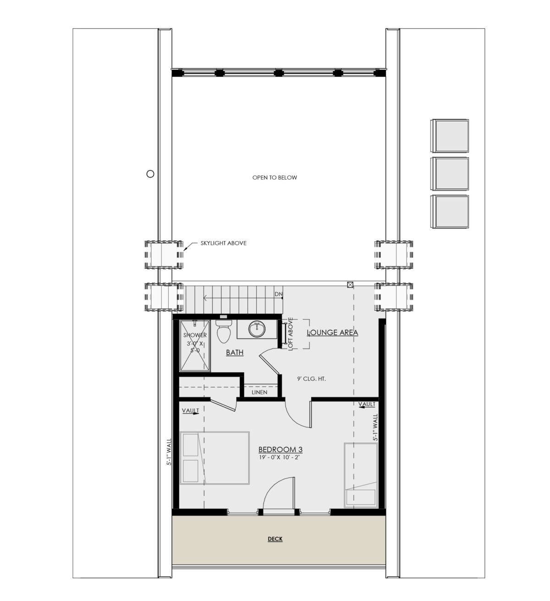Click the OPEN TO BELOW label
[275, 177]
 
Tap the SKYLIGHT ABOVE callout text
[224, 243]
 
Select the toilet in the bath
[224, 331]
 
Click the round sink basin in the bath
[257, 329]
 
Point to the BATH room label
[235, 353]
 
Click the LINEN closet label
[259, 392]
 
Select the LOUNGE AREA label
[332, 332]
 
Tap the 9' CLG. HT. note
[311, 379]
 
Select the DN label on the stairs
[278, 294]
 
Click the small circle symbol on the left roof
[150, 174]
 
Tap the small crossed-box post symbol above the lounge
[350, 285]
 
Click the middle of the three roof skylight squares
[450, 174]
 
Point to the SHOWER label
[195, 335]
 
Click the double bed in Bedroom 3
[214, 458]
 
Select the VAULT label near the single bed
[367, 404]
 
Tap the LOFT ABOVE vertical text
[290, 333]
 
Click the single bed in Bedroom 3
[361, 475]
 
